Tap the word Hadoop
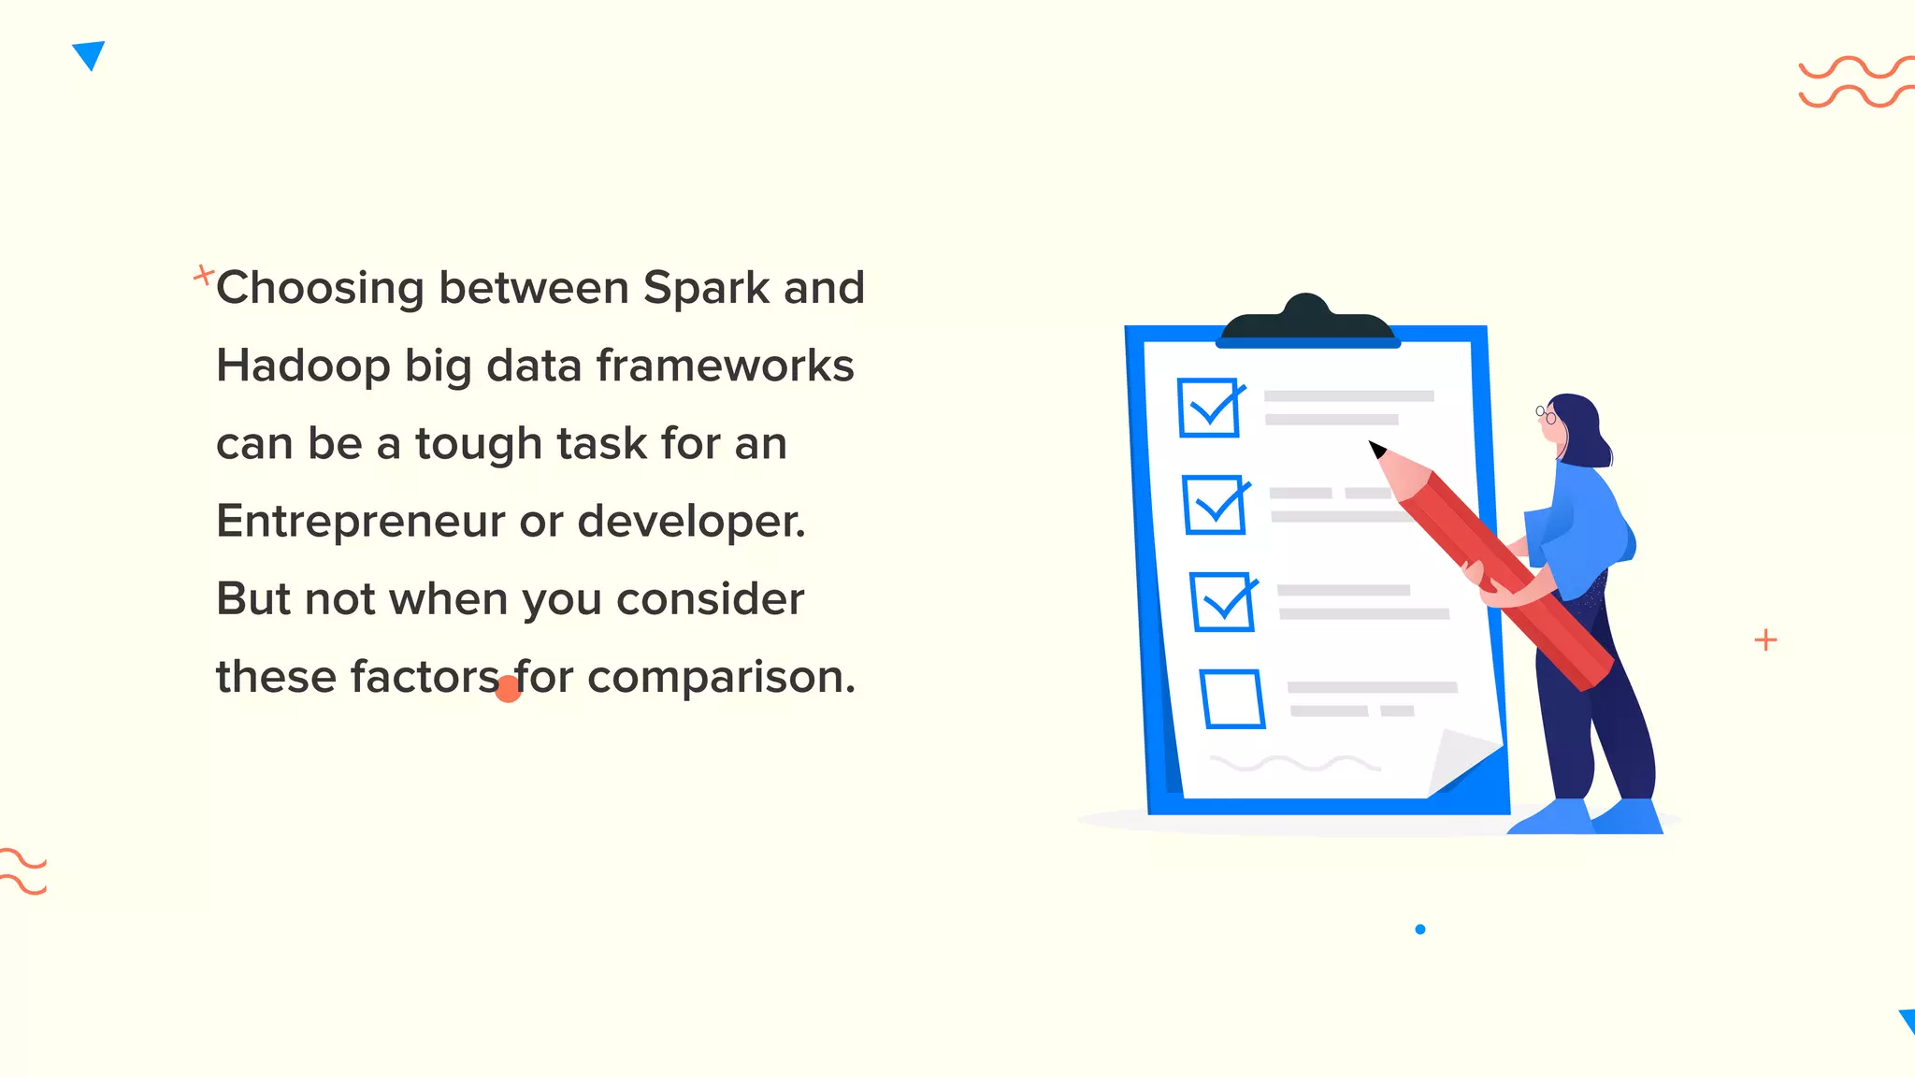point(303,366)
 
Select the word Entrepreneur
point(360,522)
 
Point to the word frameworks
point(725,366)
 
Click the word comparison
point(720,677)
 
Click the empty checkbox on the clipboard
point(1232,698)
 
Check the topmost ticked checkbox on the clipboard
point(1209,408)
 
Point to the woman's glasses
point(1546,414)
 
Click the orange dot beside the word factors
point(508,690)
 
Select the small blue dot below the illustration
point(1420,929)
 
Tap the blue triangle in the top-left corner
point(89,54)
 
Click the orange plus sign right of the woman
point(1765,640)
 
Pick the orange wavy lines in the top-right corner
point(1855,82)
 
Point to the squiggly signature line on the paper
point(1294,764)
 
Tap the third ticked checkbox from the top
point(1222,602)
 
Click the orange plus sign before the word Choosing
point(203,275)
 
